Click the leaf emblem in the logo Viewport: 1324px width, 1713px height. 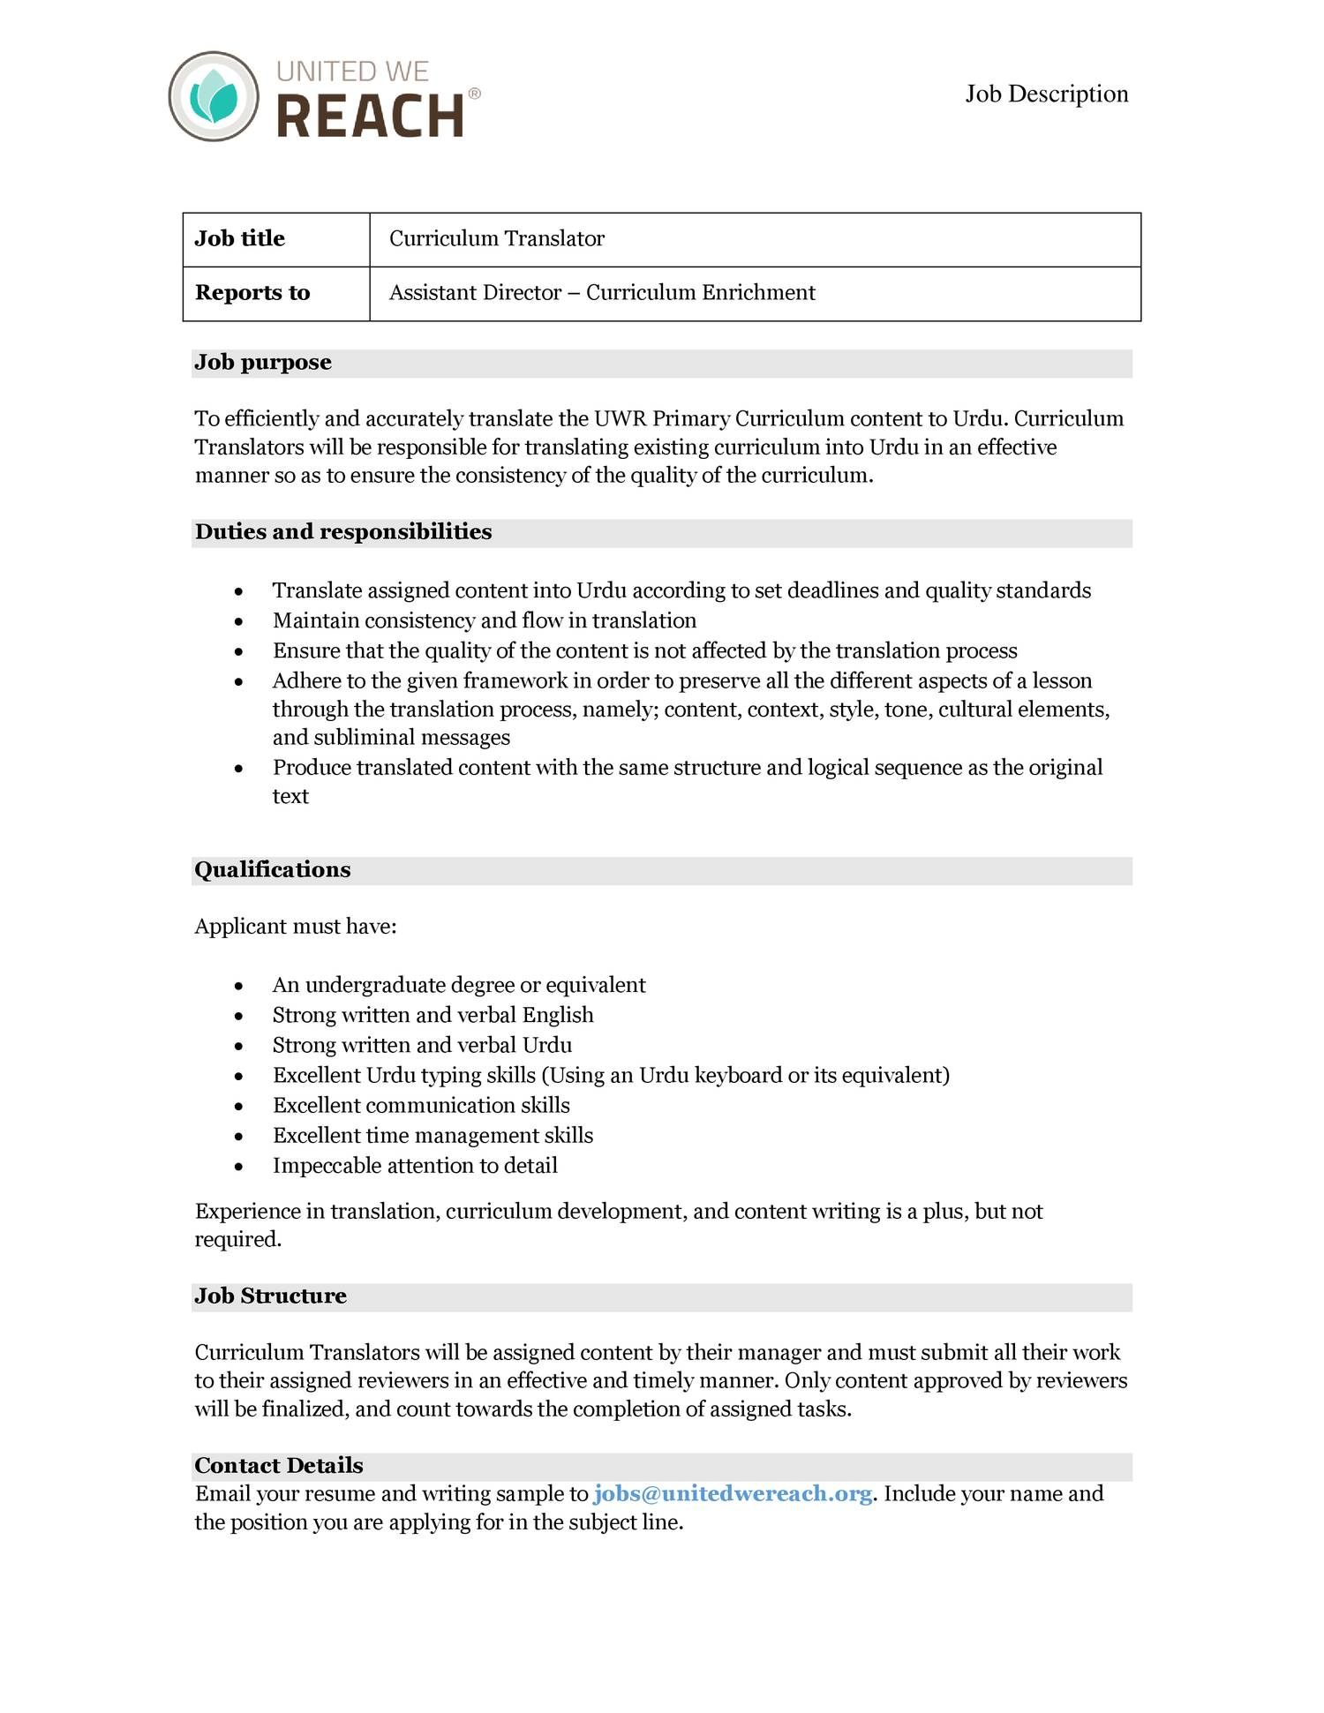pyautogui.click(x=214, y=96)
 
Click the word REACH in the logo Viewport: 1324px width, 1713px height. pyautogui.click(x=371, y=116)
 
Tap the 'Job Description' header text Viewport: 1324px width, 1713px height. pyautogui.click(x=1046, y=94)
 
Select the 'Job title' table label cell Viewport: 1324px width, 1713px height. pyautogui.click(x=240, y=239)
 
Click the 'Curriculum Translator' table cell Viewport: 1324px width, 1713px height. pyautogui.click(x=497, y=239)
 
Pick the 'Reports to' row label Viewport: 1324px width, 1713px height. pyautogui.click(x=252, y=293)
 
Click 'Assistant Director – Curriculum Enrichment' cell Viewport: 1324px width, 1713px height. pyautogui.click(x=602, y=293)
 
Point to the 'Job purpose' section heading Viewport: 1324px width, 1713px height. pyautogui.click(x=263, y=363)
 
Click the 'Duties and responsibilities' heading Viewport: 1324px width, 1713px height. pyautogui.click(x=343, y=532)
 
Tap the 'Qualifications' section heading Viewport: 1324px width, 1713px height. pyautogui.click(x=273, y=870)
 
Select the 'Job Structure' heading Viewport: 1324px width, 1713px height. pyautogui.click(x=270, y=1296)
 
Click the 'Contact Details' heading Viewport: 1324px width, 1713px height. pyautogui.click(x=279, y=1466)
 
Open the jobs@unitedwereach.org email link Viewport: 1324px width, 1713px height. pyautogui.click(x=733, y=1494)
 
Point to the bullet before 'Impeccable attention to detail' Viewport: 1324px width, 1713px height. pyautogui.click(x=238, y=1168)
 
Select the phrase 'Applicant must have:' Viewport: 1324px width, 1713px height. pyautogui.click(x=296, y=927)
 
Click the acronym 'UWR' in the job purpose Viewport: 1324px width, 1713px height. pyautogui.click(x=621, y=419)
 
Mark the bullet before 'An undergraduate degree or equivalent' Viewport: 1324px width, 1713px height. pyautogui.click(x=238, y=987)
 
